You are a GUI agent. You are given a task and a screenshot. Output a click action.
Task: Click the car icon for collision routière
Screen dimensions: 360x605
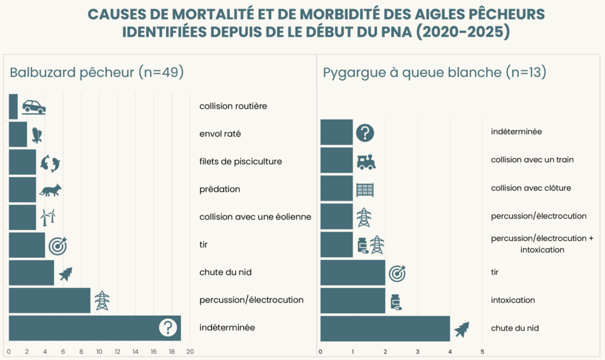coord(34,106)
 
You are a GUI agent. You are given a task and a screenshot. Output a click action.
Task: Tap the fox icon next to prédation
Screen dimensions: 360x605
coord(50,190)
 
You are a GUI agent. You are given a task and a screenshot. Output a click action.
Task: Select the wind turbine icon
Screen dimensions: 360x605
coord(47,217)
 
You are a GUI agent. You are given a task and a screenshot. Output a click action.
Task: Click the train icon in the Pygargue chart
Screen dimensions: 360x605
coord(366,161)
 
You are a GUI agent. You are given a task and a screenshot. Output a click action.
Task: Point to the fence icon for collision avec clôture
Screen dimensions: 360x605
coord(365,190)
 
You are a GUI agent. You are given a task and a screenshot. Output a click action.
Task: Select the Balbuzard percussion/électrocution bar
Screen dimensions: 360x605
coord(50,300)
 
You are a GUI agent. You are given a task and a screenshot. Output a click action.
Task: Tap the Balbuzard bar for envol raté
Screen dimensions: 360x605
coord(18,134)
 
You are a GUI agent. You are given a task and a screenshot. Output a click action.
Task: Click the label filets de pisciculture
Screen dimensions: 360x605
coord(240,161)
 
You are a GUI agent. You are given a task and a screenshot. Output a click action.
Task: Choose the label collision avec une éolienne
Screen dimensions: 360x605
coord(255,217)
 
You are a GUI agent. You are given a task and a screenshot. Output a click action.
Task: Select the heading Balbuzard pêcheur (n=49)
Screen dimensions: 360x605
coord(96,73)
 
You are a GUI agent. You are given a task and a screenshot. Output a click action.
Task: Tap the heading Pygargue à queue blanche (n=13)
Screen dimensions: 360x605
coord(434,73)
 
